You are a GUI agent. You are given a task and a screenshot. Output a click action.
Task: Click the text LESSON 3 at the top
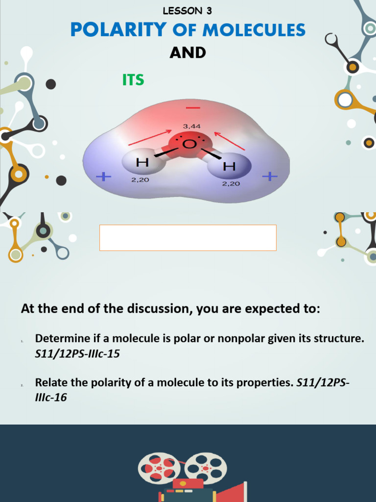click(x=188, y=11)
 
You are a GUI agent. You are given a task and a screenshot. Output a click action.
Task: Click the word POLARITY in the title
click(x=118, y=30)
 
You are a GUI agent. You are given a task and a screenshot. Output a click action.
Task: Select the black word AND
click(x=188, y=53)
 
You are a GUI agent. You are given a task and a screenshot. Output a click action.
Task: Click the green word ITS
click(x=133, y=80)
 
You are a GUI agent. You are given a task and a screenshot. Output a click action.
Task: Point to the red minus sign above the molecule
click(x=193, y=107)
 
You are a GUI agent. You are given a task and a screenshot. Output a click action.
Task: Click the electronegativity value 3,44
click(x=191, y=126)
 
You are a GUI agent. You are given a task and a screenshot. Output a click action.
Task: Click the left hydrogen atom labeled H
click(x=142, y=162)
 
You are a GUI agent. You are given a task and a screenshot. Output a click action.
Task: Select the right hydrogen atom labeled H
click(x=229, y=167)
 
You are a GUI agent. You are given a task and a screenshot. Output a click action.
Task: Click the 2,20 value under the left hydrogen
click(x=140, y=180)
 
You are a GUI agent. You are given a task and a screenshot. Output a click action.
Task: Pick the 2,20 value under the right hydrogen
click(x=231, y=184)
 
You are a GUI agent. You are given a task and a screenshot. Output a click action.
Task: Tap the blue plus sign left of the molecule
click(x=104, y=176)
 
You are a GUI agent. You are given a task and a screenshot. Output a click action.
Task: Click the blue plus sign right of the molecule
click(x=269, y=176)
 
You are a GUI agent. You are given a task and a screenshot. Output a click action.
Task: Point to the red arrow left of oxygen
click(x=150, y=138)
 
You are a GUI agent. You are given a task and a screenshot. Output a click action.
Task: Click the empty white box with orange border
click(x=188, y=238)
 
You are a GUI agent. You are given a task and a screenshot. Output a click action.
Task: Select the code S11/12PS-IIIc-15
click(x=77, y=353)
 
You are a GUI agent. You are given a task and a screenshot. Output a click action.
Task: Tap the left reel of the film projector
click(x=159, y=469)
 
